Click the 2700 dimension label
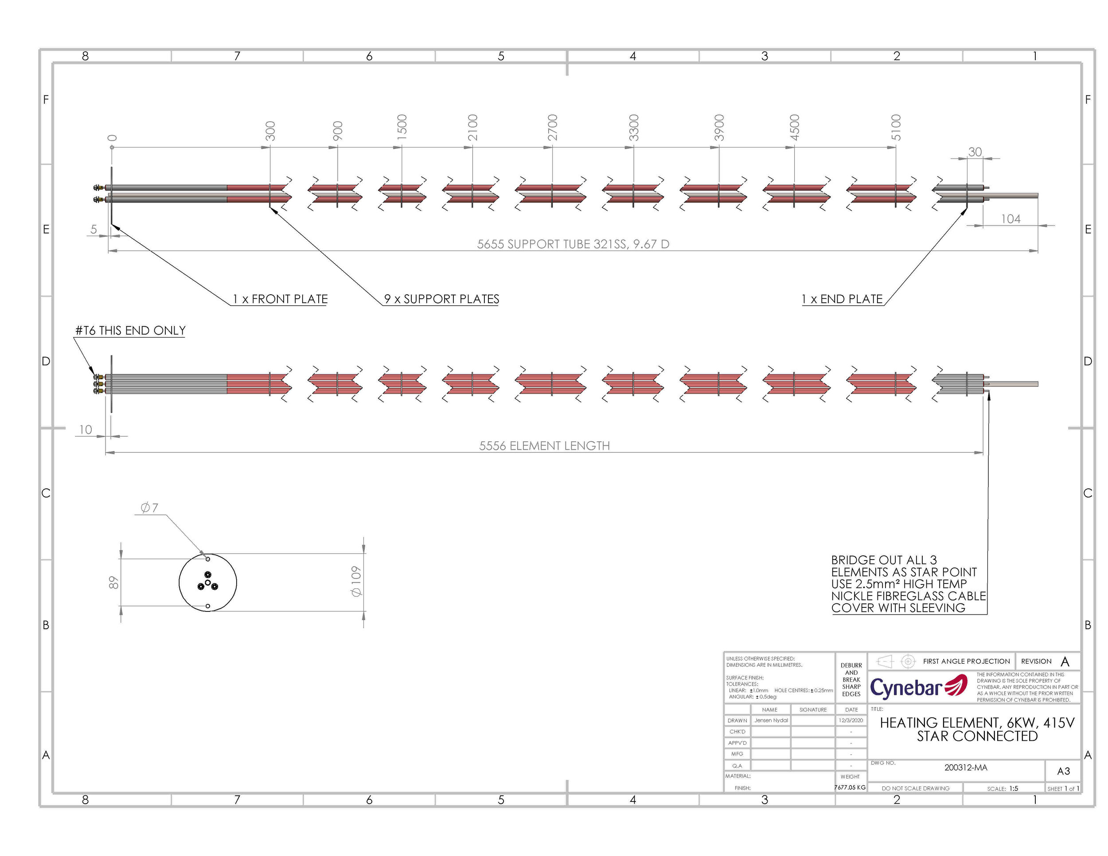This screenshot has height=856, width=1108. (553, 127)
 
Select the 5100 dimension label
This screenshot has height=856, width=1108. (897, 127)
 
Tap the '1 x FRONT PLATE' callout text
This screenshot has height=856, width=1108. (280, 299)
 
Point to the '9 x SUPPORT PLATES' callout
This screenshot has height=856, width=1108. (441, 299)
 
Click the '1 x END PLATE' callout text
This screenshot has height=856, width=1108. (842, 299)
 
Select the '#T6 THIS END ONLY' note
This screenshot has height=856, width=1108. (130, 331)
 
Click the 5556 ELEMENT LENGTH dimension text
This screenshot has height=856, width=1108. (544, 446)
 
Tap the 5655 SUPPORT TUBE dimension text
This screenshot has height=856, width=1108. (573, 244)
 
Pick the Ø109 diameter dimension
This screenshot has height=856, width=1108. (356, 581)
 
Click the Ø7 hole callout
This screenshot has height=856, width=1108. (149, 508)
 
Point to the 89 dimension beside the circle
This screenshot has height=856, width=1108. (114, 582)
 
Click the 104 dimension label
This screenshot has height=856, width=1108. (1010, 219)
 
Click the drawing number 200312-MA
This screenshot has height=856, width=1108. (965, 767)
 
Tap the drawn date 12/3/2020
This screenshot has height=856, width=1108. (851, 720)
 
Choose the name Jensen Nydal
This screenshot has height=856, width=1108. (771, 720)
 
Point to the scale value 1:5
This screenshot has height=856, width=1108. (1014, 789)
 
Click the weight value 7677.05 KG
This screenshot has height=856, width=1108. (850, 787)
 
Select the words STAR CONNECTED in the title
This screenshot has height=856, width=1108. (977, 736)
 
